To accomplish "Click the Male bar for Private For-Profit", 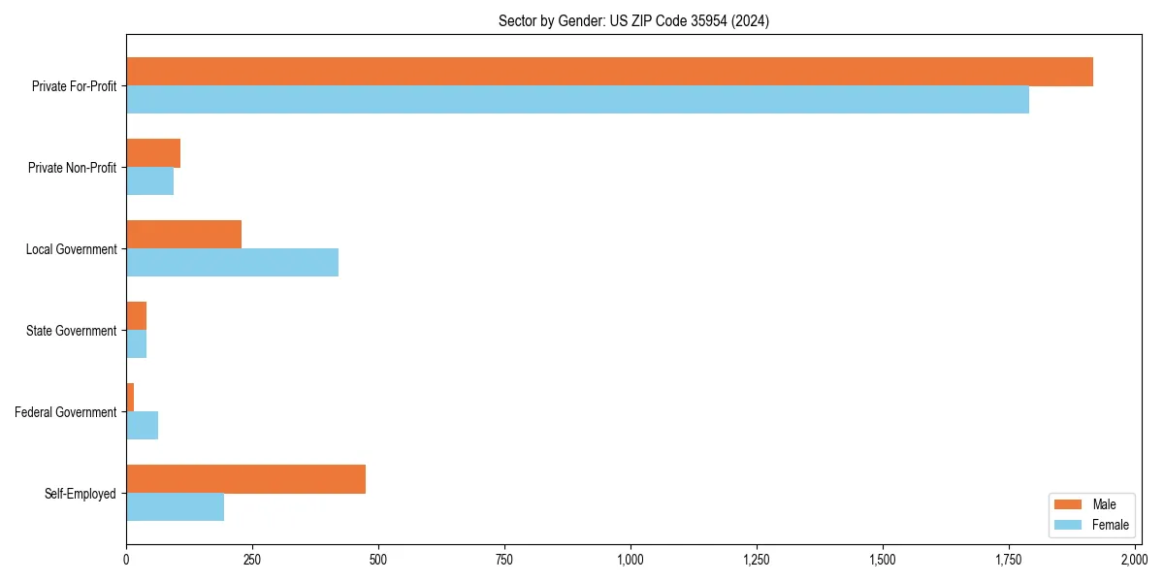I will point(609,72).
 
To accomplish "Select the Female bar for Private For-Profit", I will point(577,100).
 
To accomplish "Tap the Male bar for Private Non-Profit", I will point(153,153).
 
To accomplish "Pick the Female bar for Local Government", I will point(232,263).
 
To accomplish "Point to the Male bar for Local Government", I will point(183,235).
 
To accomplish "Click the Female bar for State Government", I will point(137,344).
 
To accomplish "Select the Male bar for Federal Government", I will point(130,398).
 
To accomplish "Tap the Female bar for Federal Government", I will point(142,426).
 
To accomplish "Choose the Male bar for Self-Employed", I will point(245,479).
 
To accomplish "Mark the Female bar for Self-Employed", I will point(175,507).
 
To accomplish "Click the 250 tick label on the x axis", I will point(252,560).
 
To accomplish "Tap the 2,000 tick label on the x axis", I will point(1134,560).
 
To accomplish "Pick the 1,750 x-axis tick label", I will point(1008,560).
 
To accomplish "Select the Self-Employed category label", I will point(81,494).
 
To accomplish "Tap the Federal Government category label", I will point(66,412).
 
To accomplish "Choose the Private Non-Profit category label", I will point(73,168).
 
